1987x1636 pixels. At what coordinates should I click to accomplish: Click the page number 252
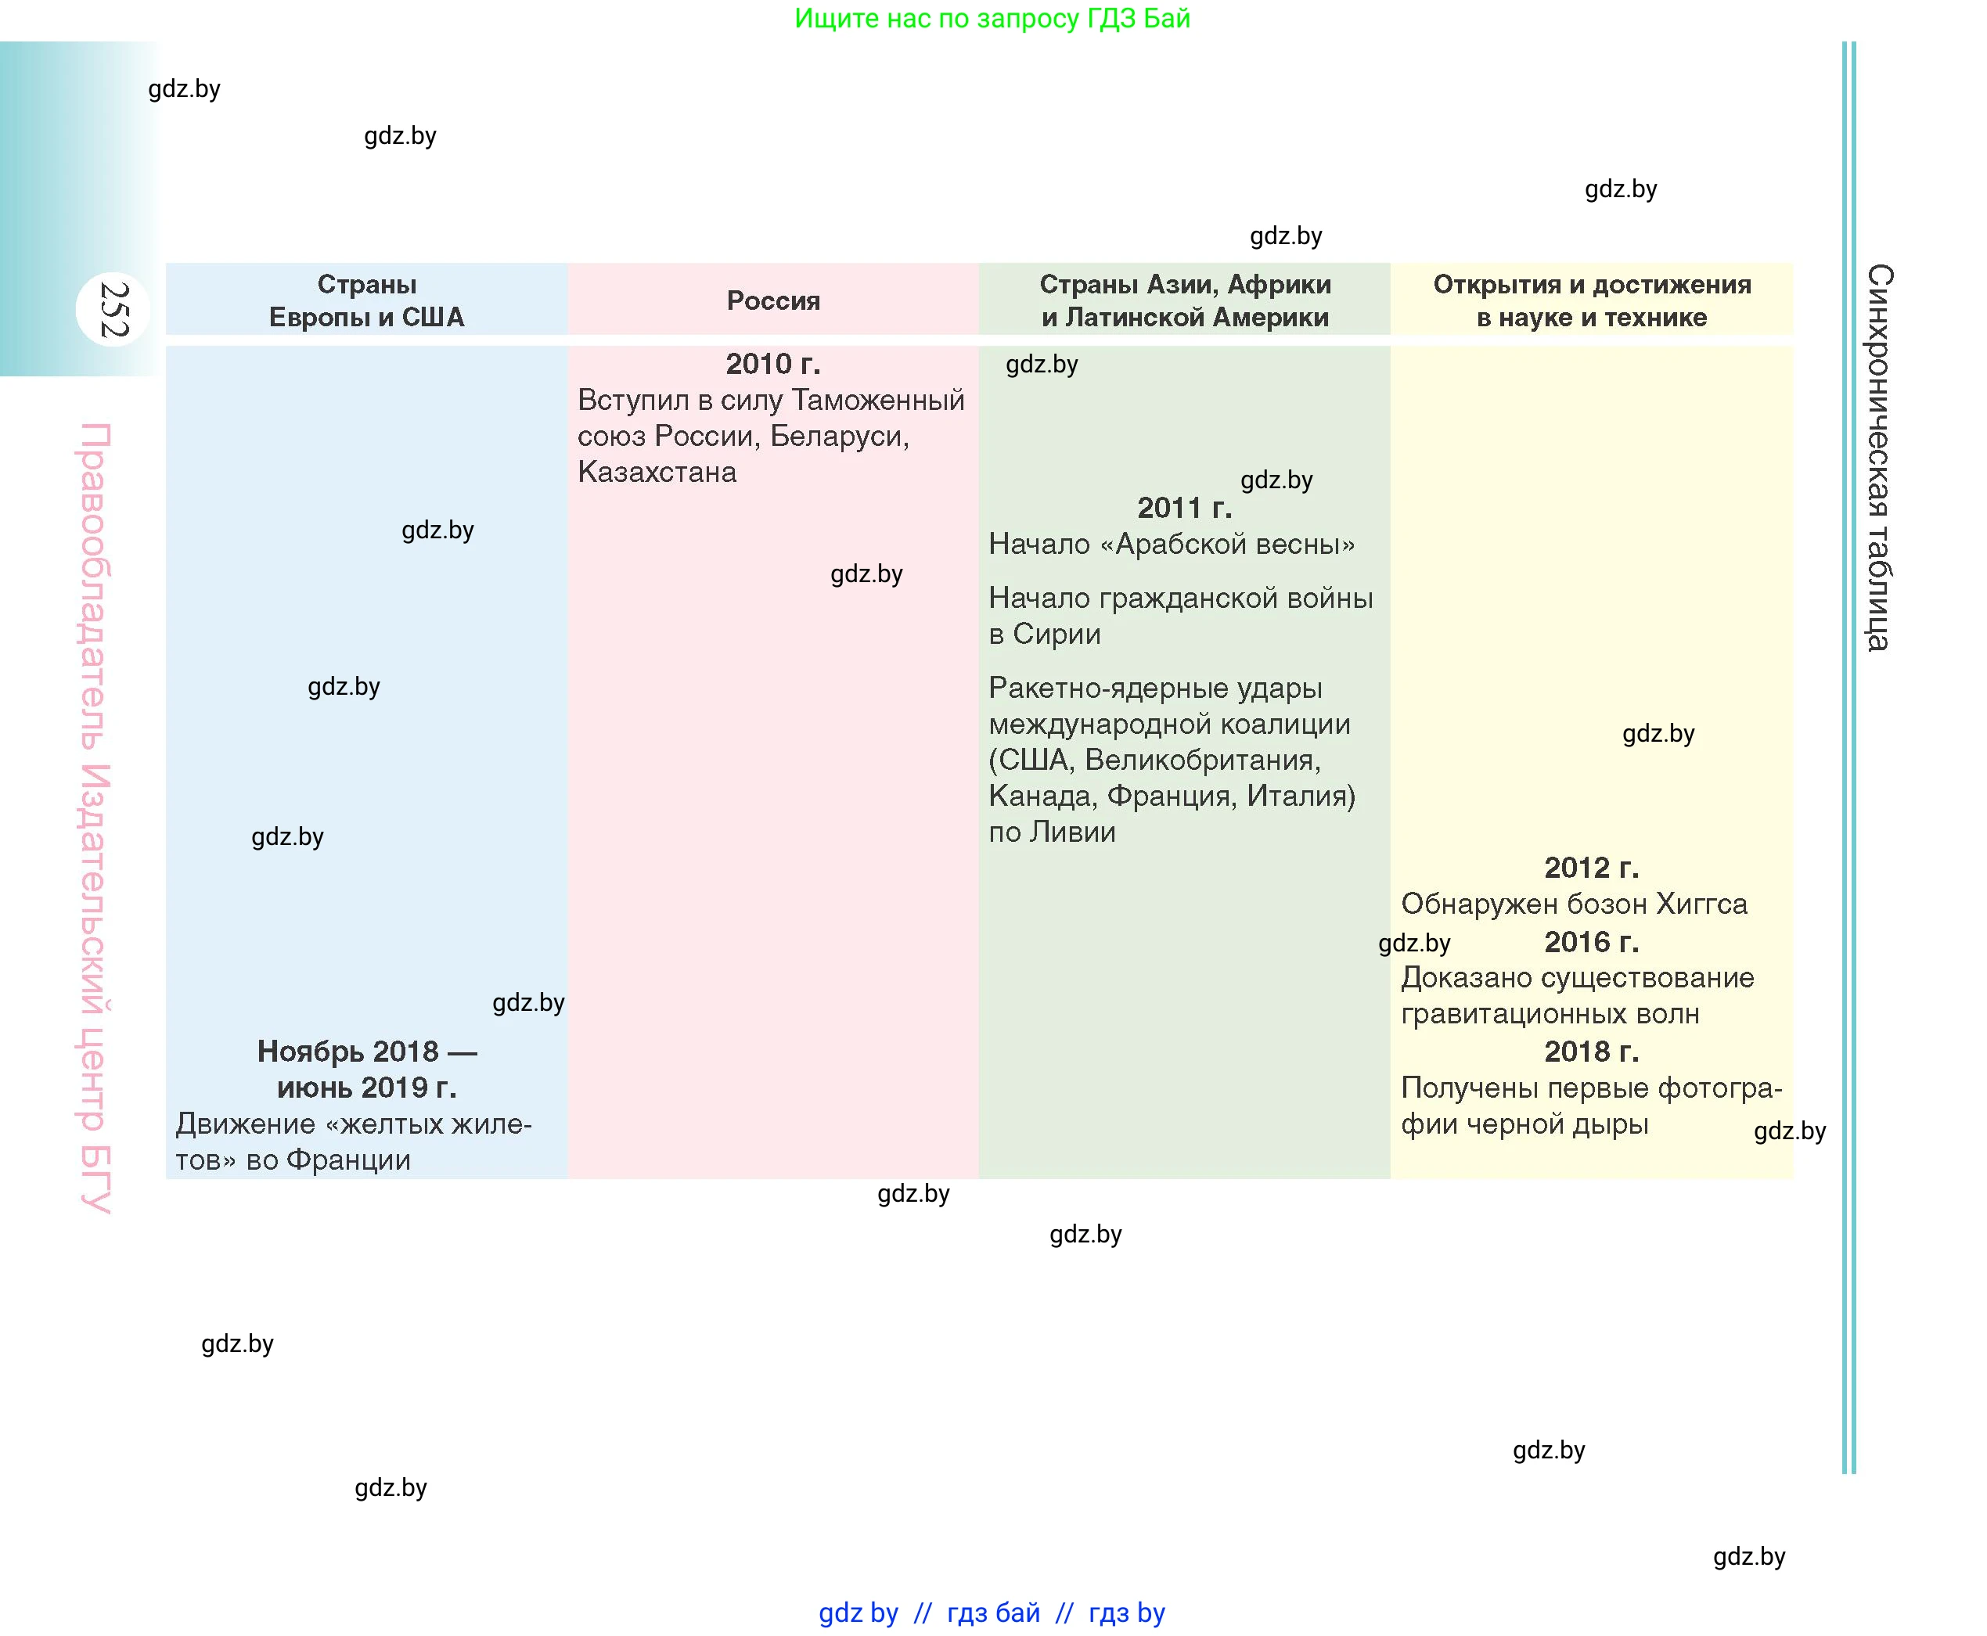113,309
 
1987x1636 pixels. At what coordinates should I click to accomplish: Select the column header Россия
773,300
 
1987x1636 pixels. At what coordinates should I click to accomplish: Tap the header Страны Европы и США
367,300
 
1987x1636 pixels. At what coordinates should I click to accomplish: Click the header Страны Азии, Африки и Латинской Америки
1185,300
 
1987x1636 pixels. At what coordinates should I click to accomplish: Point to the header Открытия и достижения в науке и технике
1592,300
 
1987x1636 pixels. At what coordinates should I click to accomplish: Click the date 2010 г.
773,364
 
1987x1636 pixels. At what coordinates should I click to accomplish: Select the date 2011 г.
1185,508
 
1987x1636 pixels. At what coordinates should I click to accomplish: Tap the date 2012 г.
1591,868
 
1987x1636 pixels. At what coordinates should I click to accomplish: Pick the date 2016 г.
1591,941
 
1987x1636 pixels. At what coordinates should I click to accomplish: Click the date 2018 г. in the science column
1591,1052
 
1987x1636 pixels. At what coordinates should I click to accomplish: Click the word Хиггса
1701,904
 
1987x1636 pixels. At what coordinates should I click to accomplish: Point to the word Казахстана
657,472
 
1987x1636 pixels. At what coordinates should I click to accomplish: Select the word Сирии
1056,635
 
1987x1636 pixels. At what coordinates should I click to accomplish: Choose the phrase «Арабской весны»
1235,545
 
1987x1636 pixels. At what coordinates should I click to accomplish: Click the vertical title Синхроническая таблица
1878,457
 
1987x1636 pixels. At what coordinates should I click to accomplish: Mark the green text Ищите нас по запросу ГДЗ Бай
992,18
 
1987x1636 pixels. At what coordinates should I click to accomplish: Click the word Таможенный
877,401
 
